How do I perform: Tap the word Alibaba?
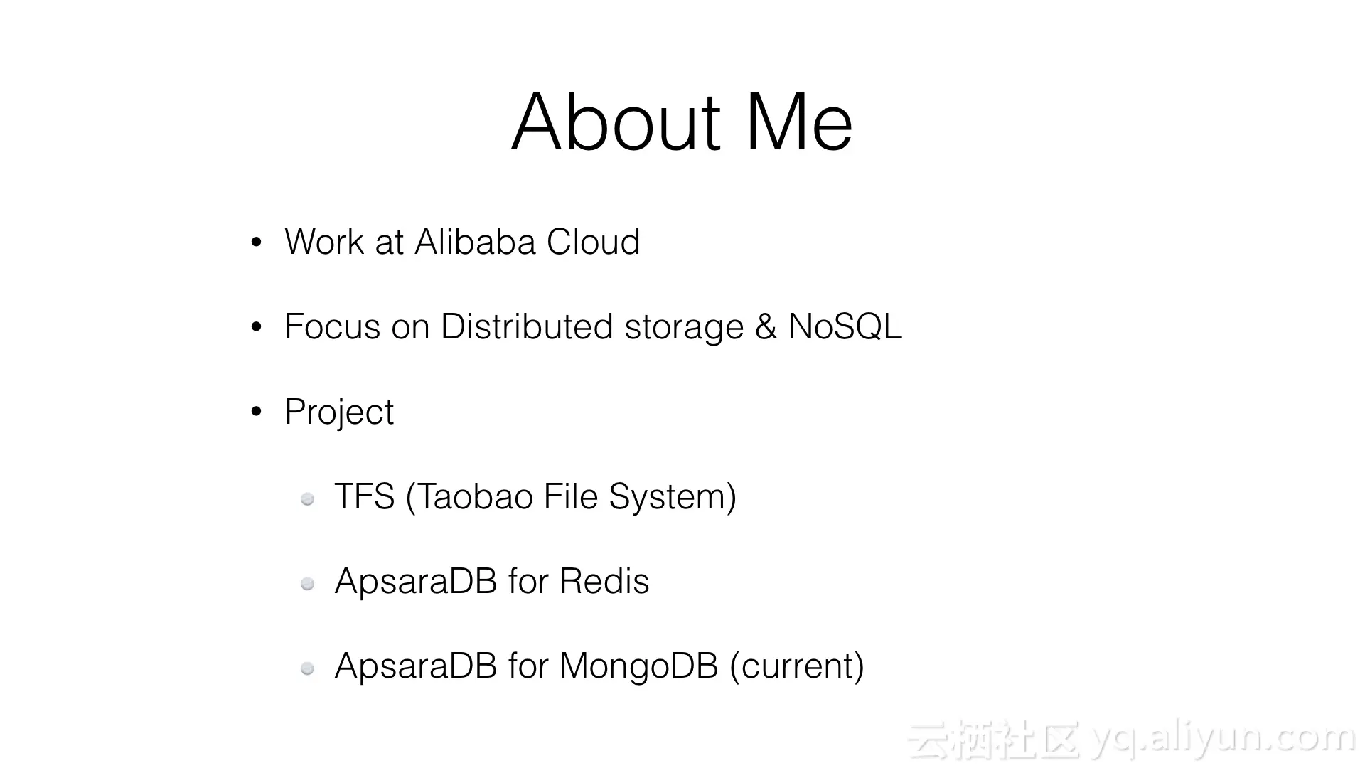475,242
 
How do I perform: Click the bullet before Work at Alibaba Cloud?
257,242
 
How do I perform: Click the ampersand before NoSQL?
766,326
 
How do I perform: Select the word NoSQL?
845,326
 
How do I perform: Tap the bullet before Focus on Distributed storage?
257,327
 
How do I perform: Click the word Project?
339,412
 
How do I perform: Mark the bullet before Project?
257,412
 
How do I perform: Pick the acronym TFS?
364,496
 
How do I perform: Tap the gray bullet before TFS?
308,499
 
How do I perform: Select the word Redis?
604,581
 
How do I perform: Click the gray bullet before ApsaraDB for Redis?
308,584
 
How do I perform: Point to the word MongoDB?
638,666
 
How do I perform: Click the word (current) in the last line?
797,666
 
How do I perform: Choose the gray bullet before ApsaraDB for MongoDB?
308,668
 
